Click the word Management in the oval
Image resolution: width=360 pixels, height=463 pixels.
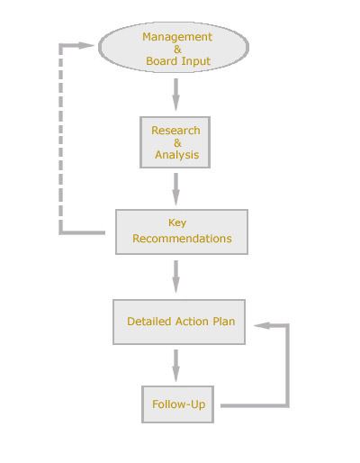pyautogui.click(x=177, y=37)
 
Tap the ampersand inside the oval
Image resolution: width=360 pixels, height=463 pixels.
pyautogui.click(x=177, y=50)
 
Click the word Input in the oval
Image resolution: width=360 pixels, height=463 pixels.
pyautogui.click(x=196, y=61)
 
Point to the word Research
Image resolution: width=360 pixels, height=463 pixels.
pyautogui.click(x=175, y=131)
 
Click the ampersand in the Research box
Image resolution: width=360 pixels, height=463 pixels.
pyautogui.click(x=177, y=143)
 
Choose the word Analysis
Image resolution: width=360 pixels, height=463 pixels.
pyautogui.click(x=177, y=155)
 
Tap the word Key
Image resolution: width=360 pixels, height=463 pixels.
pyautogui.click(x=177, y=223)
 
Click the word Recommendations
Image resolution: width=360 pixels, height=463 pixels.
pyautogui.click(x=182, y=239)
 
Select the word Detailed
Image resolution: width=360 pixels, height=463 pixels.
pyautogui.click(x=149, y=322)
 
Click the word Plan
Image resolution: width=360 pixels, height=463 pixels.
pyautogui.click(x=224, y=322)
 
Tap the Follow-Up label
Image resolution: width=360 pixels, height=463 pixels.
pyautogui.click(x=179, y=404)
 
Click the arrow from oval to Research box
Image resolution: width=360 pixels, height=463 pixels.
pyautogui.click(x=176, y=95)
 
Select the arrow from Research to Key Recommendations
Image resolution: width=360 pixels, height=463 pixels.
pyautogui.click(x=176, y=189)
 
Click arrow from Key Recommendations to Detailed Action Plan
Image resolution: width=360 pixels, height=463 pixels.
pyautogui.click(x=176, y=277)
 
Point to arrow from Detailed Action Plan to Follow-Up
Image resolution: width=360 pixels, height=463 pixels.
pyautogui.click(x=176, y=366)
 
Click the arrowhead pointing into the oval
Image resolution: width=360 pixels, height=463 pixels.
pyautogui.click(x=86, y=46)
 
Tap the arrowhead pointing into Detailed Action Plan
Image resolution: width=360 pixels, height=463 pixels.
pyautogui.click(x=262, y=325)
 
